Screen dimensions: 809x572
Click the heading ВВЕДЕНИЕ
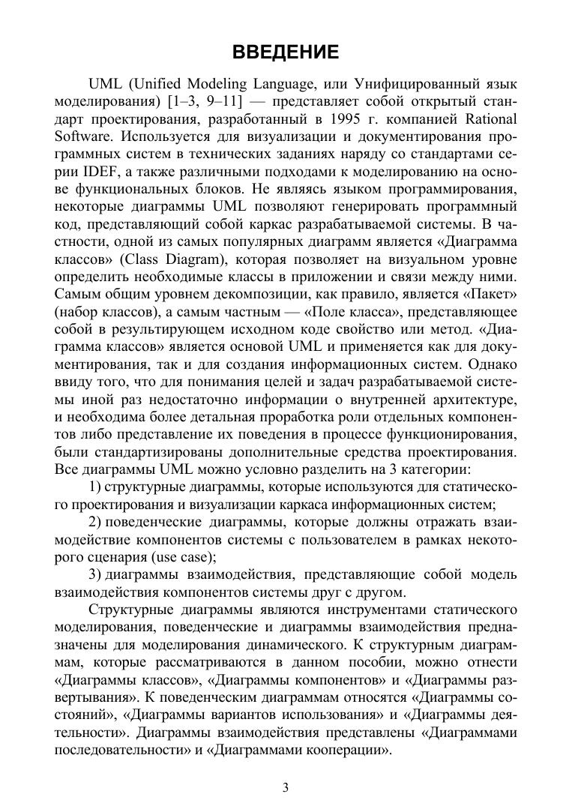pyautogui.click(x=286, y=52)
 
